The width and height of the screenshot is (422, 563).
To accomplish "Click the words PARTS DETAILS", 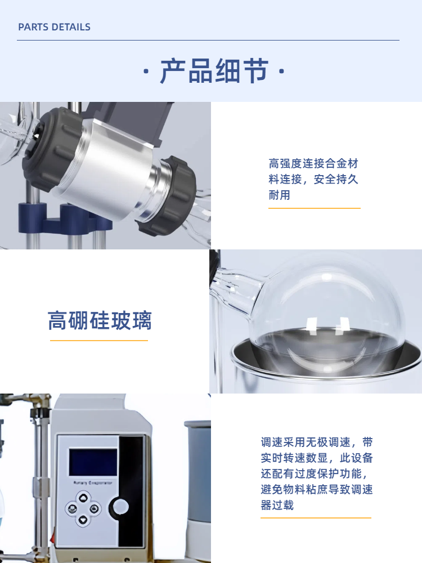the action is click(x=54, y=27).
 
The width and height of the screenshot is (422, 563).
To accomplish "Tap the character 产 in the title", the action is click(x=173, y=71).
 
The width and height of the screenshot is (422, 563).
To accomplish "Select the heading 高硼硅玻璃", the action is click(x=100, y=320).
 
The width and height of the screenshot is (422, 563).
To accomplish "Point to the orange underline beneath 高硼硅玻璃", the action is click(x=98, y=341).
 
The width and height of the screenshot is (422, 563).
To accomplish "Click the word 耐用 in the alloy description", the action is click(x=279, y=195).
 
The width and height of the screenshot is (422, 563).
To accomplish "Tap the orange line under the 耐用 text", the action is click(x=315, y=208).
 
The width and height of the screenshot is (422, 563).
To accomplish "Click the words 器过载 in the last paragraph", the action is click(x=277, y=505).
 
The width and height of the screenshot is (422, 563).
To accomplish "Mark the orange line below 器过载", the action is click(x=316, y=518).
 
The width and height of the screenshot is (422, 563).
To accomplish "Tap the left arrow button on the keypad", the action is click(x=72, y=508).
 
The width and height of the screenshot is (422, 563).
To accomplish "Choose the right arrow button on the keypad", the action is click(x=94, y=508).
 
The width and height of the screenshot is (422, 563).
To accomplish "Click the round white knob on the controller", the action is click(x=120, y=507).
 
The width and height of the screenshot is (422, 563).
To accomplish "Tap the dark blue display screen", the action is click(x=93, y=462).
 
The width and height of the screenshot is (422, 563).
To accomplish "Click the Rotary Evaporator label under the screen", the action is click(x=93, y=483).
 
